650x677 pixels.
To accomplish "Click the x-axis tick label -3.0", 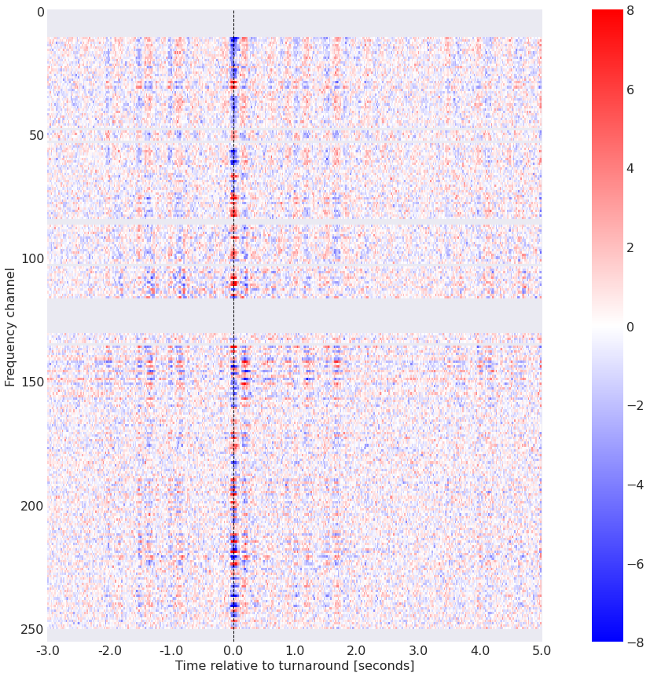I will (x=47, y=650).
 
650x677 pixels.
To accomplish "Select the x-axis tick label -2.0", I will (x=109, y=650).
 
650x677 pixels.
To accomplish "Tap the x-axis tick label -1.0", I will (x=171, y=650).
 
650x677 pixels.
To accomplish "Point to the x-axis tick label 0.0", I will (x=233, y=650).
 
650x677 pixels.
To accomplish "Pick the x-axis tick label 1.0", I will (x=296, y=650).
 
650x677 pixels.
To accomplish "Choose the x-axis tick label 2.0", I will (x=357, y=650).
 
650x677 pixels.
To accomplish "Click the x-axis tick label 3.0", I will (x=419, y=650).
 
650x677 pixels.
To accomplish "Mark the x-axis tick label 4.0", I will (x=480, y=650).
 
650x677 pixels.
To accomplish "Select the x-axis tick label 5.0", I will (x=542, y=650).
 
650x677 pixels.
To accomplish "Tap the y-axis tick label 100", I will (x=31, y=258).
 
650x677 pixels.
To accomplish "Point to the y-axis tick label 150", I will (x=31, y=382).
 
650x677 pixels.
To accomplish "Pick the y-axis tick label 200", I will (x=31, y=505).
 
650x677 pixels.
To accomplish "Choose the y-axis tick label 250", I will (x=31, y=628).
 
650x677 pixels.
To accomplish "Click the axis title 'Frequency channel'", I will (x=10, y=326).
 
